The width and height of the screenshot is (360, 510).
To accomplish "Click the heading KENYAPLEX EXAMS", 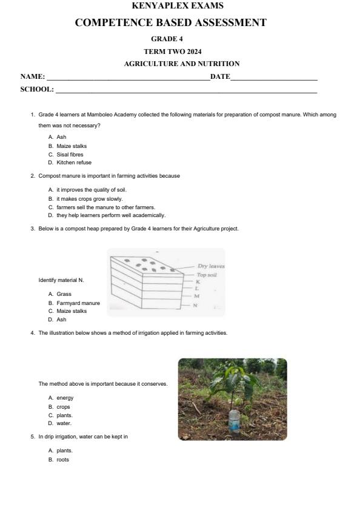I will coord(178,6).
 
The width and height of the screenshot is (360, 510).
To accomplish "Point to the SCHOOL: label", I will coord(37,89).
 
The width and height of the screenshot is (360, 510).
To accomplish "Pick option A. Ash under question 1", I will coord(61,137).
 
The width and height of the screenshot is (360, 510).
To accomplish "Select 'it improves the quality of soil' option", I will coord(91,190).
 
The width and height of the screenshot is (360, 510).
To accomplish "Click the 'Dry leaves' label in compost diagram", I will coord(211,266).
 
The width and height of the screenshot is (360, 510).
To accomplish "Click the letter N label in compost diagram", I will coord(195,305).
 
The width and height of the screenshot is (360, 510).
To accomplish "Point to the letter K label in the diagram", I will coord(198,282).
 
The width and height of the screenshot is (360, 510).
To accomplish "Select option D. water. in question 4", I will coord(64,423).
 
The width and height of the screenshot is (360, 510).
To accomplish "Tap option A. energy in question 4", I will coord(64,398).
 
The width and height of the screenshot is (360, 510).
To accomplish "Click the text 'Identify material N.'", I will coord(61,280).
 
